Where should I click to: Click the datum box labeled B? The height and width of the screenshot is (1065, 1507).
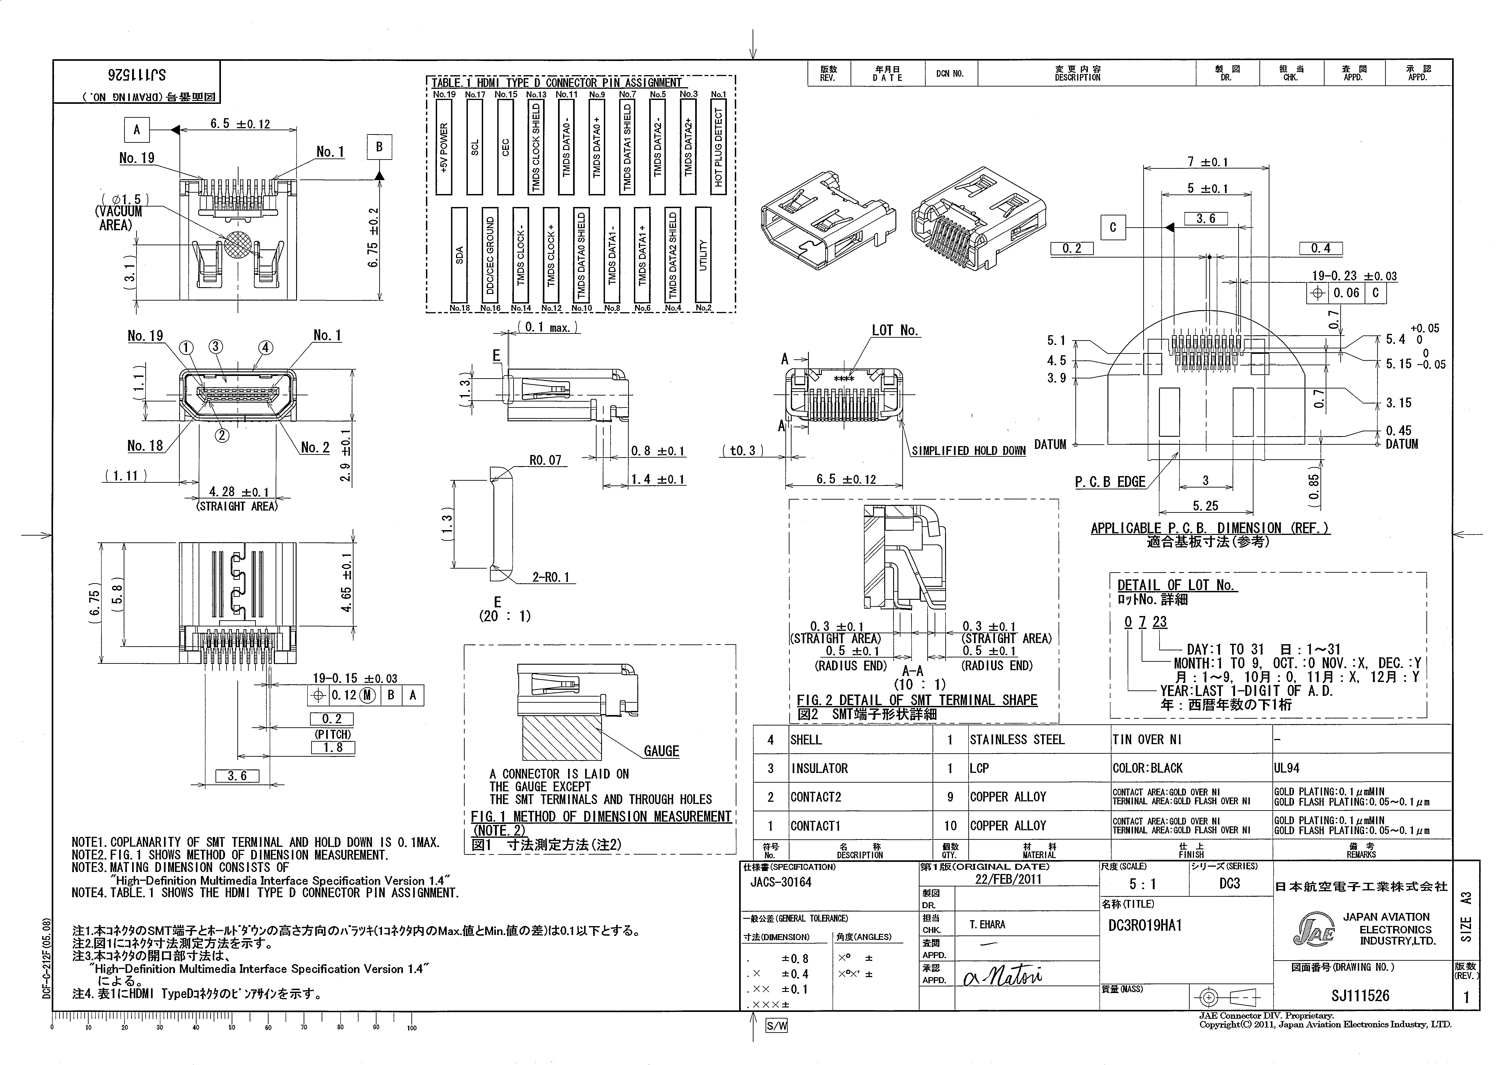(379, 147)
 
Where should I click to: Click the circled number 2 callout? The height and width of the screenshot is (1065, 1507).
(223, 435)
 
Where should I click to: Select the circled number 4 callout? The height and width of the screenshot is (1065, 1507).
(265, 347)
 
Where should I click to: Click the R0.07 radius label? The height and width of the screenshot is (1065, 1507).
(546, 460)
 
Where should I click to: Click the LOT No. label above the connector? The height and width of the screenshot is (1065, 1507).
(895, 330)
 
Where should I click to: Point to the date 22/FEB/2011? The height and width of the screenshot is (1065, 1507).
(1008, 879)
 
